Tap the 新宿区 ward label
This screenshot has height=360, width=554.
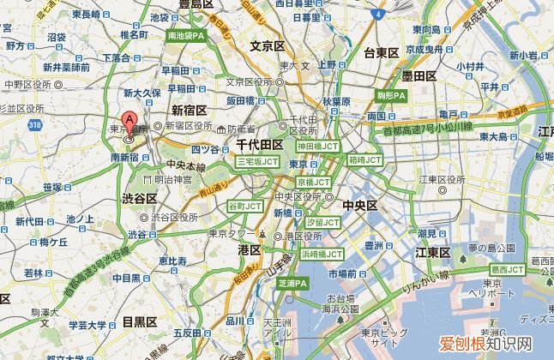pyautogui.click(x=188, y=110)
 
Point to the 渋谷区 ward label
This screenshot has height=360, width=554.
pyautogui.click(x=139, y=198)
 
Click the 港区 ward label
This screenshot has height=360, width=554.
pyautogui.click(x=250, y=249)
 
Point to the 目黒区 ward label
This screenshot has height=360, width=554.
pyautogui.click(x=138, y=321)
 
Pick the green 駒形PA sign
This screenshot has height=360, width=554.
pyautogui.click(x=391, y=95)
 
